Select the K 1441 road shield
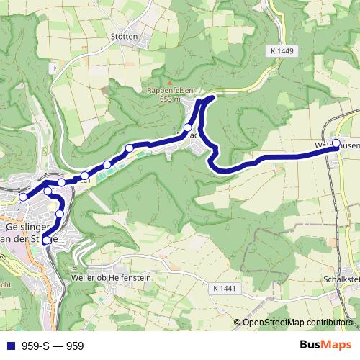tap(225, 288)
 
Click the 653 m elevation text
tap(166, 99)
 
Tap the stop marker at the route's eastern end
tap(336, 143)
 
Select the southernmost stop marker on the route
tap(48, 240)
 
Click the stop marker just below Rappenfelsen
tap(188, 127)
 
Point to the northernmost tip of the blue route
tap(210, 97)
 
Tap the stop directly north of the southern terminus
tap(60, 214)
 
